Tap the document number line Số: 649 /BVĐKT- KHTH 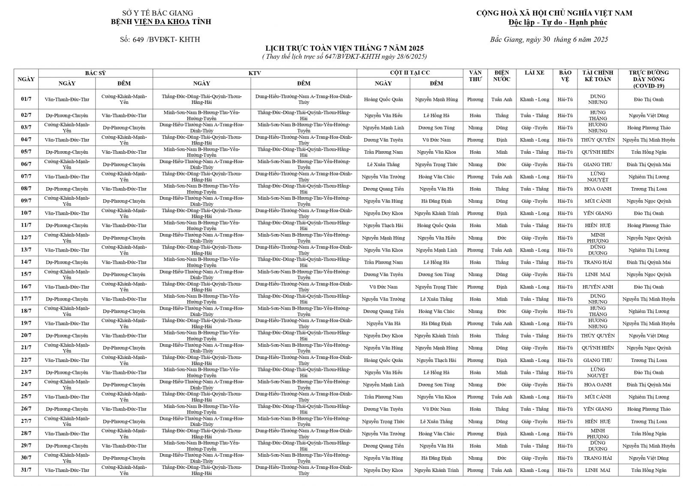(160, 39)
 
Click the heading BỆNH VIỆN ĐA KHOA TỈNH (161, 21)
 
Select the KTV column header (255, 73)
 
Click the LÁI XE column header (534, 73)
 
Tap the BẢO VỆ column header (565, 76)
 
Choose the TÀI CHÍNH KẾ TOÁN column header (598, 76)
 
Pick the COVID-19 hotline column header (649, 79)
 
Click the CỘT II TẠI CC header (410, 73)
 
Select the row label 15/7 (26, 274)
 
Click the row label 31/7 (26, 470)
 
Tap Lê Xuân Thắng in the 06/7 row (383, 164)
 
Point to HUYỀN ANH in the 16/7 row (598, 287)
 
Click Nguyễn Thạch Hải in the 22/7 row (436, 360)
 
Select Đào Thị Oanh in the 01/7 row (649, 100)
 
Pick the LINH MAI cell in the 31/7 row (598, 470)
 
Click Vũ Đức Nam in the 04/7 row (436, 140)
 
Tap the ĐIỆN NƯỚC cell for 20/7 (502, 336)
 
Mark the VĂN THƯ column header (475, 76)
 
